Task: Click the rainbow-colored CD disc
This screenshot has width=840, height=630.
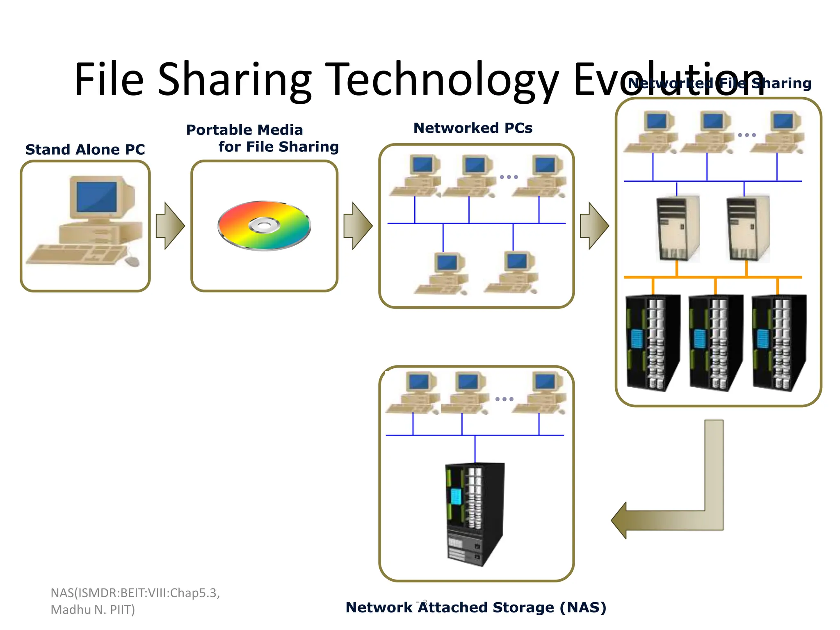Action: pyautogui.click(x=265, y=225)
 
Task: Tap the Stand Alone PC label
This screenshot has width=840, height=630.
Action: pyautogui.click(x=85, y=150)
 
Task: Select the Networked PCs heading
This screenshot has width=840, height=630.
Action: pyautogui.click(x=472, y=128)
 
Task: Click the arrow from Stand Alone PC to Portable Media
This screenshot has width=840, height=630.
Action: pyautogui.click(x=170, y=226)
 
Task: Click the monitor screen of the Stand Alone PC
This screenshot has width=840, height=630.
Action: pyautogui.click(x=96, y=197)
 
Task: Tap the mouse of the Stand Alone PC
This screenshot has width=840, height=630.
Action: pyautogui.click(x=132, y=261)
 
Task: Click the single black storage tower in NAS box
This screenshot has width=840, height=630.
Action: pyautogui.click(x=475, y=515)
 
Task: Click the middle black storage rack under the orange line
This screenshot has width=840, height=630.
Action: pyautogui.click(x=715, y=342)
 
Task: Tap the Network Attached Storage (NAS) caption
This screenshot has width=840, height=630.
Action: pyautogui.click(x=476, y=607)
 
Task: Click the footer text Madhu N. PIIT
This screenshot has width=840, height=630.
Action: pyautogui.click(x=93, y=610)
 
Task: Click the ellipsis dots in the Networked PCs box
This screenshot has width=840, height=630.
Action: pyautogui.click(x=509, y=177)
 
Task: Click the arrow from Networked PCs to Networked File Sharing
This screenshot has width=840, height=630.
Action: pyautogui.click(x=594, y=226)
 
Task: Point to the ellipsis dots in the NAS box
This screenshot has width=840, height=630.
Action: pyautogui.click(x=504, y=399)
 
